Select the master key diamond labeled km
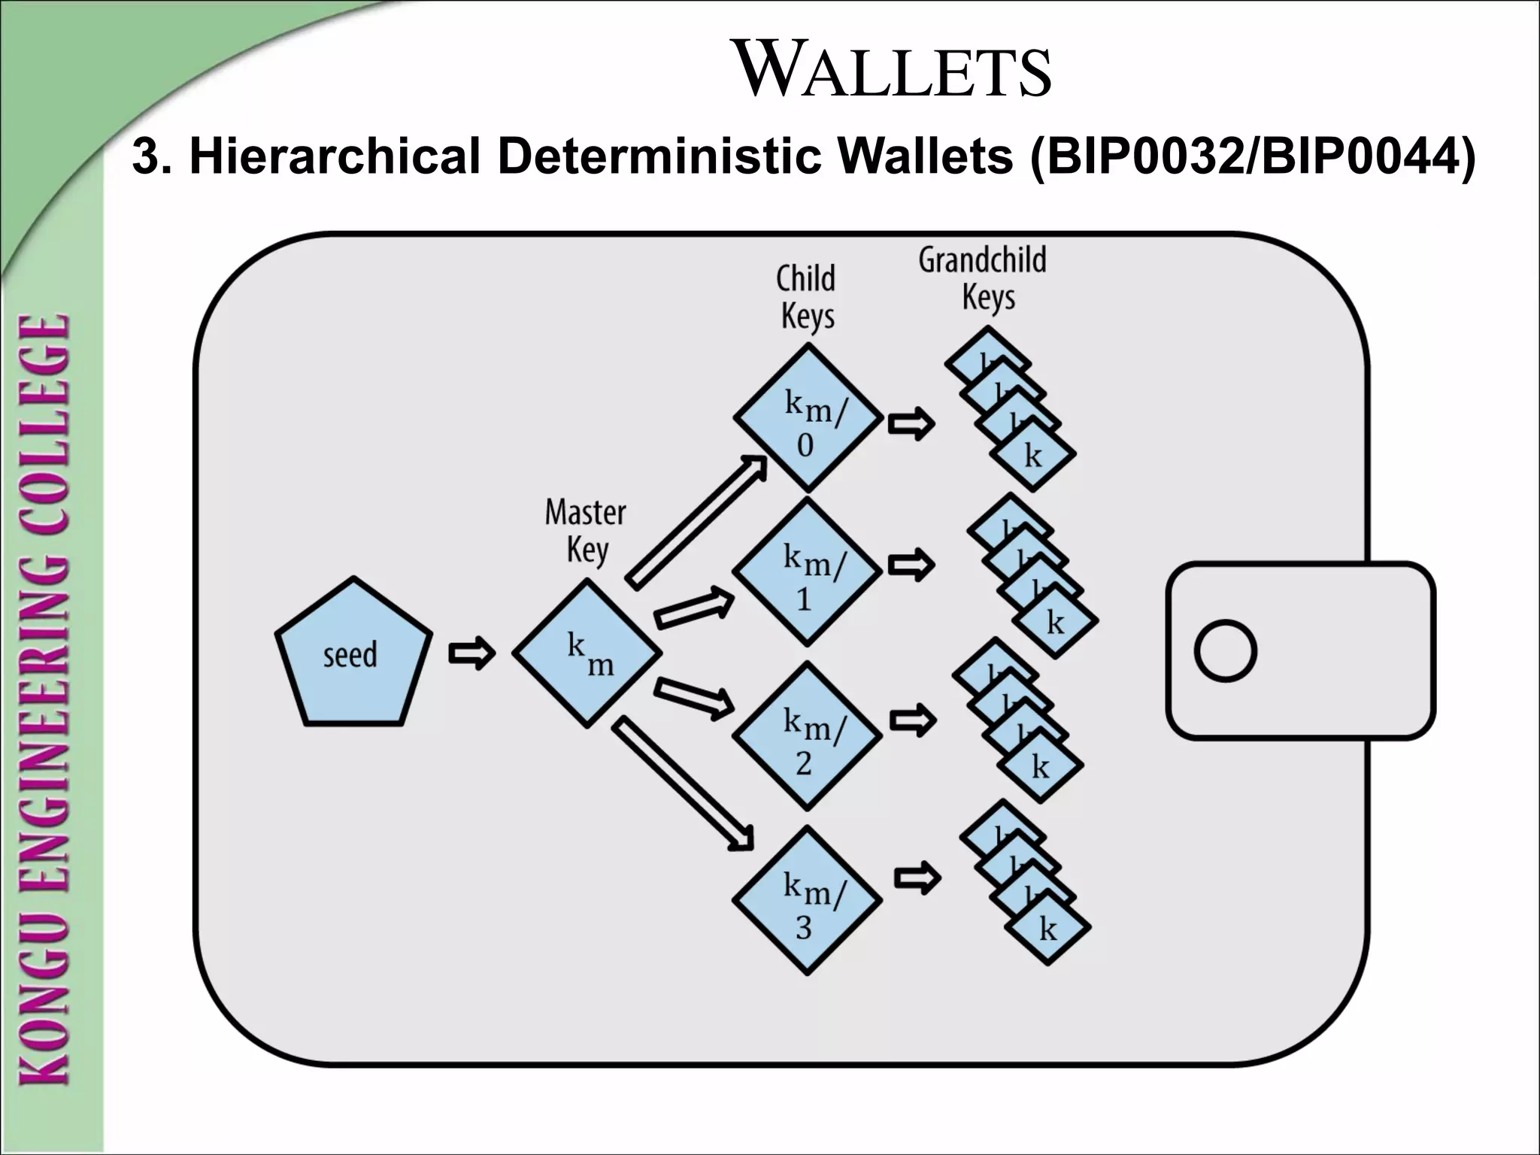point(587,653)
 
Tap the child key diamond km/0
point(808,418)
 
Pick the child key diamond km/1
point(807,573)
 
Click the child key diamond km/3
point(807,900)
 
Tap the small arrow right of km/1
point(911,565)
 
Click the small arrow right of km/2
point(913,720)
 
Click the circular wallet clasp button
point(1225,651)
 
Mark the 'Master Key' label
point(586,531)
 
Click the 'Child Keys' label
point(806,297)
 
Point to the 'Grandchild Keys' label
point(982,279)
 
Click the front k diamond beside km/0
point(1033,456)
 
